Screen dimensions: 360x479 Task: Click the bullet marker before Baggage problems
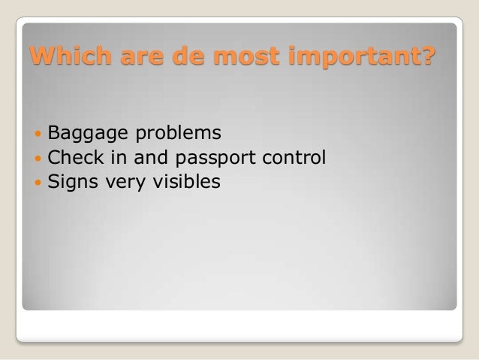click(x=38, y=135)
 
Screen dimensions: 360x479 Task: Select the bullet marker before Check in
click(x=38, y=159)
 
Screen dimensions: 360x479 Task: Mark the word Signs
click(x=70, y=182)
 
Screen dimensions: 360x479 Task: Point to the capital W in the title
click(x=38, y=56)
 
